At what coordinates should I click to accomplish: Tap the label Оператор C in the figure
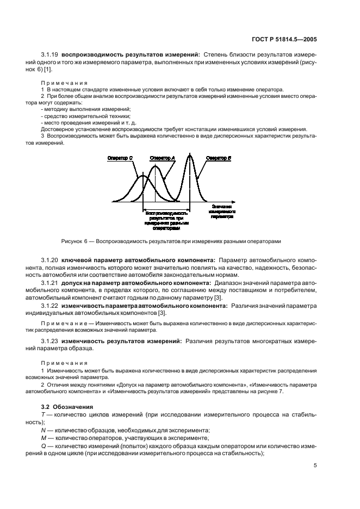[x=120, y=158]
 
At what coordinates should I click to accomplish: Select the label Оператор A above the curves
[x=162, y=158]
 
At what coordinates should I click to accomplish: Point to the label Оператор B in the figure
[x=218, y=158]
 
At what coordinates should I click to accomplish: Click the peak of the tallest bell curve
[x=189, y=156]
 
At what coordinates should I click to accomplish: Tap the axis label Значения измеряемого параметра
[x=220, y=212]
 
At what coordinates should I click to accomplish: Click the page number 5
[x=315, y=465]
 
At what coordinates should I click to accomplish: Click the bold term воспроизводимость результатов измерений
[x=131, y=54]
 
